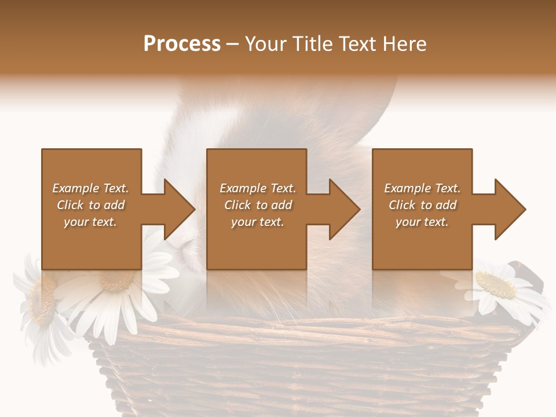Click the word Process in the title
pos(182,44)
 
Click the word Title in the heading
pos(311,44)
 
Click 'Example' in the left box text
pos(76,188)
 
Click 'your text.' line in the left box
pos(90,222)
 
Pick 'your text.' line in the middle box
pos(258,222)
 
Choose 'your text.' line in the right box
pos(422,222)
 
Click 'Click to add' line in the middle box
pos(258,205)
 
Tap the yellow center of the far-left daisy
pos(41,301)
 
